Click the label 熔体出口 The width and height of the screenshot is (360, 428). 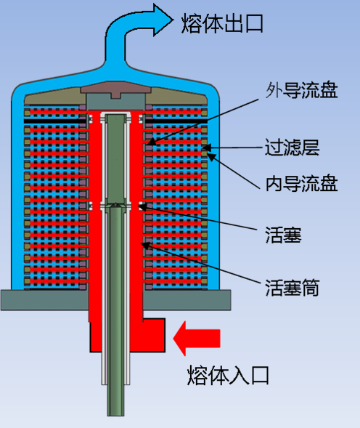(x=222, y=23)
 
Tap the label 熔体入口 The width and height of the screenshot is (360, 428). (x=229, y=376)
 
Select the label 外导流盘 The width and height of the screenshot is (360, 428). (x=302, y=90)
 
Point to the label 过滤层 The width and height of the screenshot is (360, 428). (x=292, y=147)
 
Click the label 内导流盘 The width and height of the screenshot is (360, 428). (x=302, y=183)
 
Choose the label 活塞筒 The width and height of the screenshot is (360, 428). (x=292, y=288)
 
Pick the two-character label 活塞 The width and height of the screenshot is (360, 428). (x=283, y=235)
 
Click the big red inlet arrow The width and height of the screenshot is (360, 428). (x=197, y=339)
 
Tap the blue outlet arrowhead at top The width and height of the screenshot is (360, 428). (x=163, y=20)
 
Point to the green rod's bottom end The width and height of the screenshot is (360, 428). (x=115, y=416)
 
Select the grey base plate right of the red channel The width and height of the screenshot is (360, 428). (x=187, y=300)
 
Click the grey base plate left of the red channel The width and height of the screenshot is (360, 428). (x=45, y=300)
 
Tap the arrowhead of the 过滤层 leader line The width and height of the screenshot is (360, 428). (x=204, y=148)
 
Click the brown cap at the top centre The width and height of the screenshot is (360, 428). (x=115, y=89)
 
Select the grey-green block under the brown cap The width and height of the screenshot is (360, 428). (x=115, y=102)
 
